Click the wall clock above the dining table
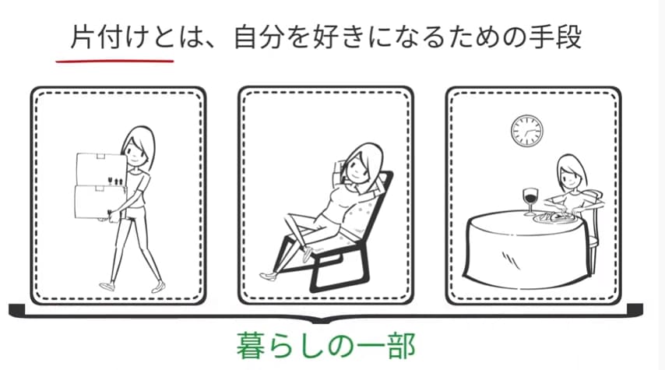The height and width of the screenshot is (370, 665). coord(526,131)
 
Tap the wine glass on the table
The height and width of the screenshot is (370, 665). coord(530,202)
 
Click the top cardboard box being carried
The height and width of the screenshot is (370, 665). coord(101,169)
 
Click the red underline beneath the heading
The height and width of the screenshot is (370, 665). coord(114,61)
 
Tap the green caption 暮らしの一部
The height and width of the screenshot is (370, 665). coord(325,346)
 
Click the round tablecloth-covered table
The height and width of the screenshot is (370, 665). coord(528,249)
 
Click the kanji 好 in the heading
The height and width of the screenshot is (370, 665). coord(325,37)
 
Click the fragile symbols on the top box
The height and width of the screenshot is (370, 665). coord(115,181)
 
